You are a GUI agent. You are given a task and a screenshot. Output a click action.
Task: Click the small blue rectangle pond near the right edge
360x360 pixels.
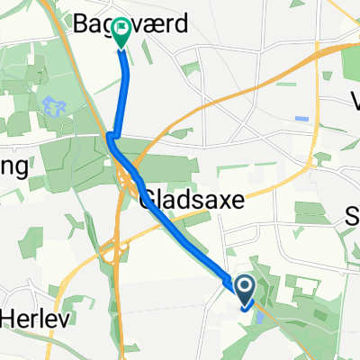pyautogui.click(x=301, y=119)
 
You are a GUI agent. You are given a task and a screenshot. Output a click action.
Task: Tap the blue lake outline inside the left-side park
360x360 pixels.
pyautogui.click(x=52, y=107)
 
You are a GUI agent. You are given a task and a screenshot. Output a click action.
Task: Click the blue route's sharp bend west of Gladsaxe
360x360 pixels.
pyautogui.click(x=110, y=138)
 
